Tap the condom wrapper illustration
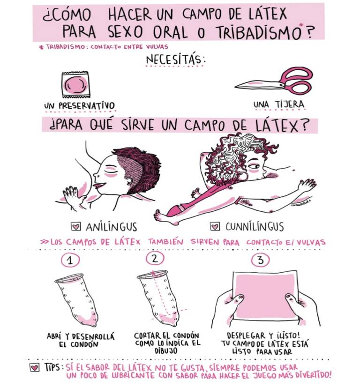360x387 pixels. click(x=75, y=85)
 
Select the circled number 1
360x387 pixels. click(x=70, y=260)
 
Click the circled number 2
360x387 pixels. click(x=155, y=258)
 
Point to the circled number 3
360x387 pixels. click(x=260, y=260)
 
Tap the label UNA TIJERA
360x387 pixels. click(x=279, y=104)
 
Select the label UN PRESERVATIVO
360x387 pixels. click(x=80, y=106)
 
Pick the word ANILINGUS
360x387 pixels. click(x=112, y=227)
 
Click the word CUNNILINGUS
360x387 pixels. click(x=255, y=227)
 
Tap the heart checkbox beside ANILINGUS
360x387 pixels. click(x=76, y=226)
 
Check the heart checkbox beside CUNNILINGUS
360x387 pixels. click(x=215, y=226)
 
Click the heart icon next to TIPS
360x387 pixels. click(x=35, y=368)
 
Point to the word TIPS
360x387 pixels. click(x=52, y=367)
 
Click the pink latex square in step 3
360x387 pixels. click(x=265, y=296)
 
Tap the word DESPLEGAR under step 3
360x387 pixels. click(x=246, y=335)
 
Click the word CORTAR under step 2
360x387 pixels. click(x=147, y=335)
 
